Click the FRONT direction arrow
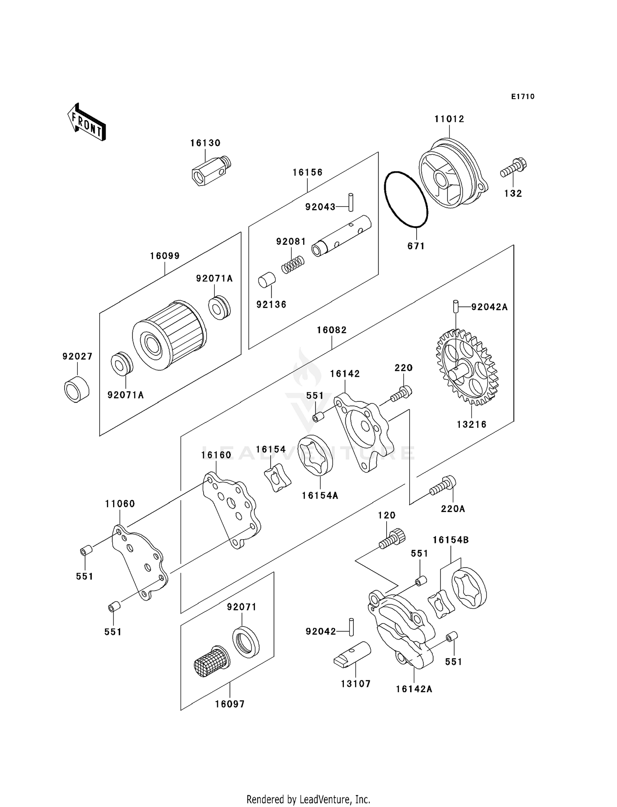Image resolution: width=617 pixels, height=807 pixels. [x=87, y=123]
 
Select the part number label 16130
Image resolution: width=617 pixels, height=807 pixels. [x=205, y=143]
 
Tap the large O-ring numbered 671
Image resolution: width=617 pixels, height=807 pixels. [x=406, y=199]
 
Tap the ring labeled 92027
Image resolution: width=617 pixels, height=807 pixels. [x=77, y=389]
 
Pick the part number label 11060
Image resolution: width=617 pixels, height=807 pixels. [x=120, y=504]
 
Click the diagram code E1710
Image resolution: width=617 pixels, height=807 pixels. [x=523, y=97]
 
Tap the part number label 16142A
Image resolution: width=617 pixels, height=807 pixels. [x=414, y=689]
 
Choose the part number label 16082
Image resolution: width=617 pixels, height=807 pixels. [x=332, y=330]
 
